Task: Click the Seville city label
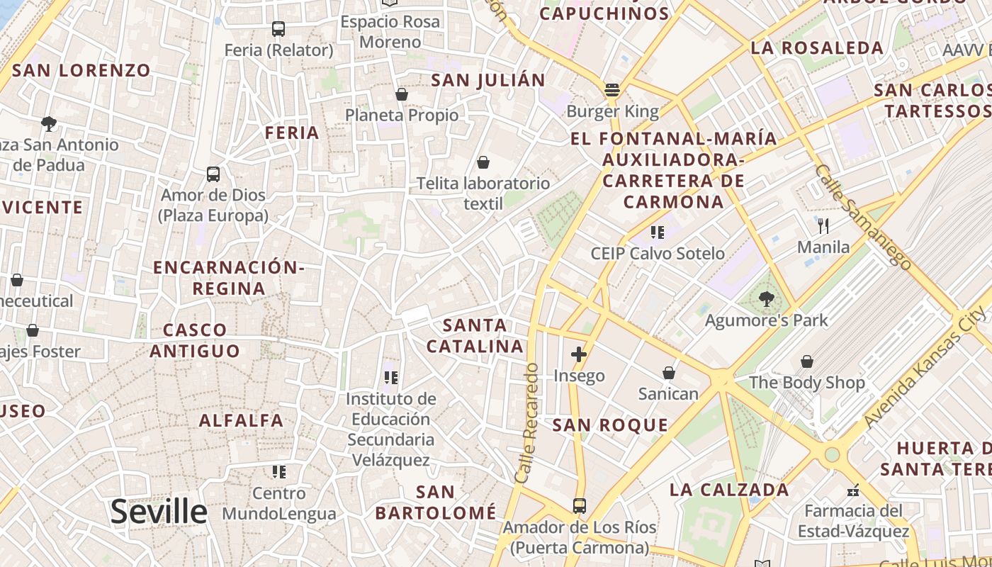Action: [159, 512]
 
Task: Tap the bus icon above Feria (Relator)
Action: [278, 29]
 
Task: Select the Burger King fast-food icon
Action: [612, 90]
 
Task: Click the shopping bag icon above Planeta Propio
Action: [402, 94]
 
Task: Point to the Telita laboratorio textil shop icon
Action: [483, 163]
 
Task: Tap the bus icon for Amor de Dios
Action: [213, 174]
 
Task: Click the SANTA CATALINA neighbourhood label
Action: [475, 336]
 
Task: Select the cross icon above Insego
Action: [579, 354]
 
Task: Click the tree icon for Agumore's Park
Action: [766, 299]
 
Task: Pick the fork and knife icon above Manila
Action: [823, 226]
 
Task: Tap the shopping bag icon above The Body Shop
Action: [806, 362]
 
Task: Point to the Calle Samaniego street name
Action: [863, 217]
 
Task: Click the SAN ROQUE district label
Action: [610, 425]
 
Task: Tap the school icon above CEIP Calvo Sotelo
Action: [658, 232]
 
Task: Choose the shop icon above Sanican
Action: [668, 373]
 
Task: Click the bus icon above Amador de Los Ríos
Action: [580, 506]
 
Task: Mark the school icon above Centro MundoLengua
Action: [279, 472]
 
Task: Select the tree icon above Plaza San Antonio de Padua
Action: [49, 124]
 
